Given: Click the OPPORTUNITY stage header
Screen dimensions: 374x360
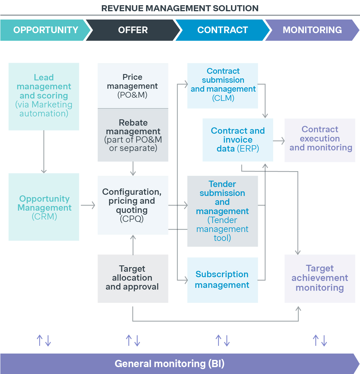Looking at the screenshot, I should (46, 30).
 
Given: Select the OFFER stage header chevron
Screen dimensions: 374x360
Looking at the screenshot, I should (133, 30).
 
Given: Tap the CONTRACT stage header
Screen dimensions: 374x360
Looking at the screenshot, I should (222, 30).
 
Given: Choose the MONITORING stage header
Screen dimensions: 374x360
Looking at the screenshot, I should (312, 30).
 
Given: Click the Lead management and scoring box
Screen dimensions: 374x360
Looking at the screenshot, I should (44, 96).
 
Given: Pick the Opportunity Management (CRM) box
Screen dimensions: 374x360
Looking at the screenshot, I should (44, 207).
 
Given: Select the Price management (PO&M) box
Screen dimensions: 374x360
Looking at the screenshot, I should (133, 86).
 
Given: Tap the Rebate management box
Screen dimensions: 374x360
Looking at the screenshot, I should (133, 135).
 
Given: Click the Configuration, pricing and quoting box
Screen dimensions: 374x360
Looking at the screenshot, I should (133, 205).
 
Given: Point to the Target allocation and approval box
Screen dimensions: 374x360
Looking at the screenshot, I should (133, 278).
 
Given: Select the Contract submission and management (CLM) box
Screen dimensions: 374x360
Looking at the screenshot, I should (223, 86).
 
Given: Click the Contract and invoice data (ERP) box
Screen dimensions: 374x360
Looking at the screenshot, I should (238, 140).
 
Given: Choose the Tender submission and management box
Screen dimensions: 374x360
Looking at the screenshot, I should (222, 211).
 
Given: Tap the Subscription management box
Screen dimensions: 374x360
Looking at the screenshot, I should (222, 280).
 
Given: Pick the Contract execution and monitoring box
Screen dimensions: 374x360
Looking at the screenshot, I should (320, 140).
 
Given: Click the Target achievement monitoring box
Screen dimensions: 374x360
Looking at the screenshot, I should (320, 278).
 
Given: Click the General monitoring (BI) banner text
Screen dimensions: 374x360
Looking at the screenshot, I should (169, 364).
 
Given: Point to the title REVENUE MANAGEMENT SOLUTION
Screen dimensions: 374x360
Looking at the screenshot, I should (180, 8).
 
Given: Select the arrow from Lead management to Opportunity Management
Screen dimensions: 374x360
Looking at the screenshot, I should (44, 152).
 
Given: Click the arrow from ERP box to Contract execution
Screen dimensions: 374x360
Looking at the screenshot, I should (278, 141).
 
